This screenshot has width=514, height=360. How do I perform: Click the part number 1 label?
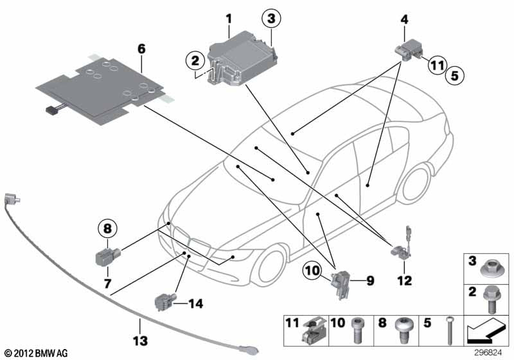(228, 19)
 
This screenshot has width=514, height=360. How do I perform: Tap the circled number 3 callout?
(272, 20)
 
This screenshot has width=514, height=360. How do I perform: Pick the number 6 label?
(141, 47)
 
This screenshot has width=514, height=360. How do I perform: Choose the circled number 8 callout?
(107, 228)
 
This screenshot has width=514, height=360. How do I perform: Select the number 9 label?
(370, 281)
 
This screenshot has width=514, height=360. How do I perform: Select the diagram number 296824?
(492, 352)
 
